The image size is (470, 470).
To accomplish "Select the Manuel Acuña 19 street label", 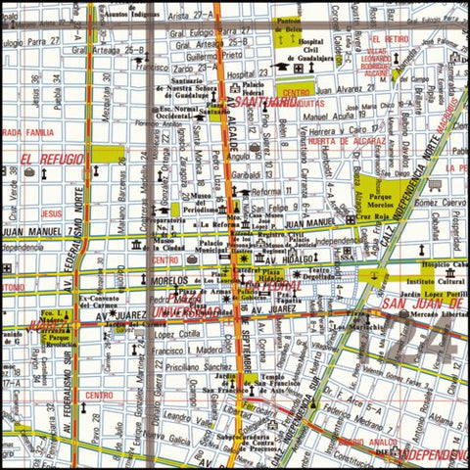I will [334, 115].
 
